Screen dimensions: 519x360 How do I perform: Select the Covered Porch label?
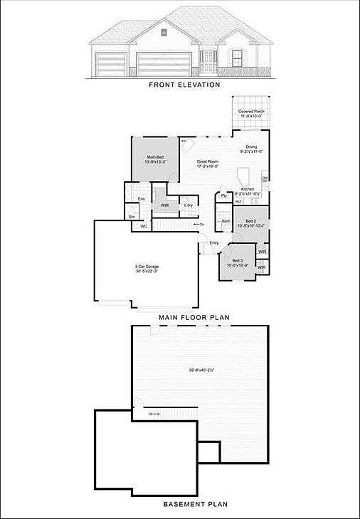(x=250, y=112)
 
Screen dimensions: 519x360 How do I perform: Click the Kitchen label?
(x=248, y=189)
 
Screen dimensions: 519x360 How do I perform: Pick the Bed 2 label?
(x=250, y=222)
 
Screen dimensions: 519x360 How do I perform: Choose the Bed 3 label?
(x=235, y=261)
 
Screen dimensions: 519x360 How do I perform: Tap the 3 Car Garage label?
(x=146, y=267)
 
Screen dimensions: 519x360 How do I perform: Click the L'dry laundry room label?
(x=189, y=205)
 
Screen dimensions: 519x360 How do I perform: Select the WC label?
(x=143, y=226)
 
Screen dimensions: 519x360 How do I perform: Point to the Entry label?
(x=214, y=242)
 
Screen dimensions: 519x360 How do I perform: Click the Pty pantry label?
(x=223, y=196)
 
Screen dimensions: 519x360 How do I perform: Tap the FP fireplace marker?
(x=184, y=142)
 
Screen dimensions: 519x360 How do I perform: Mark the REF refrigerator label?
(x=238, y=202)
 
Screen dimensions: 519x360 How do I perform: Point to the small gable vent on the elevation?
(x=164, y=31)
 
